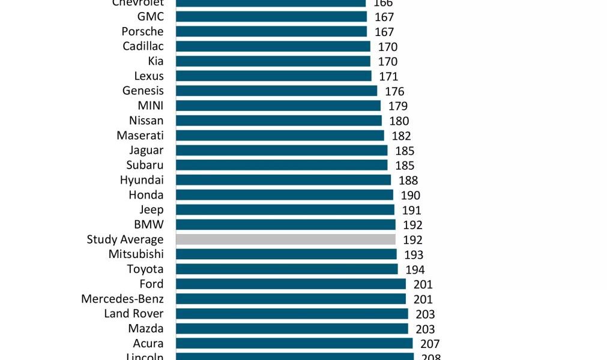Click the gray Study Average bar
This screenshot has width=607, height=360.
coord(285,239)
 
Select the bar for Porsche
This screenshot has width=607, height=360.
coord(271,32)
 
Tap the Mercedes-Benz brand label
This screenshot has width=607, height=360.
coord(122,299)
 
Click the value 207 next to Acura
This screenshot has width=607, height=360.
coord(430,344)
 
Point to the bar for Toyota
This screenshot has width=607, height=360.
coord(286,269)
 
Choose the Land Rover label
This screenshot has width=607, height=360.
coord(134,314)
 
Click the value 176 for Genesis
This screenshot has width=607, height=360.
coord(394,92)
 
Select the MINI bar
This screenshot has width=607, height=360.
coord(278,106)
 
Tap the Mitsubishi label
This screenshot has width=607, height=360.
coord(136,254)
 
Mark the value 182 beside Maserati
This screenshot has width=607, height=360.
coord(401,136)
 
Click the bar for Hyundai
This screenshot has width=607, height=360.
coord(283,180)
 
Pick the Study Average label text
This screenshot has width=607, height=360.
coord(125,239)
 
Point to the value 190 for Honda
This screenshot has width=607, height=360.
coord(410,195)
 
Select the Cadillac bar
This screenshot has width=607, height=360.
coord(273,47)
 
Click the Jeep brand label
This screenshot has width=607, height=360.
coord(151,210)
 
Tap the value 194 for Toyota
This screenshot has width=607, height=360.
coord(415,270)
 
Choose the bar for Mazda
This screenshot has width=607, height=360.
coord(292,329)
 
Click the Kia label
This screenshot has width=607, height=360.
coord(156,61)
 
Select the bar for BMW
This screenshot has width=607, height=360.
coord(285,224)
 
